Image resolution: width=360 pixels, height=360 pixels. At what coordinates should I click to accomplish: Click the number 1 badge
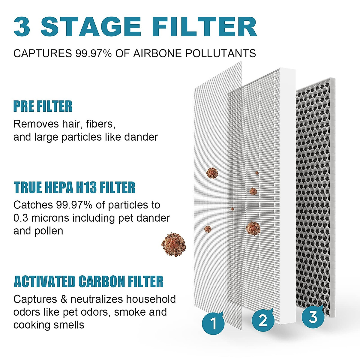tap(213, 324)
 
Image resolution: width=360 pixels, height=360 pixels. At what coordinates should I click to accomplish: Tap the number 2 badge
tap(263, 320)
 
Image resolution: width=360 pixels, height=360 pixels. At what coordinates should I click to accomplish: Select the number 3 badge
tap(313, 317)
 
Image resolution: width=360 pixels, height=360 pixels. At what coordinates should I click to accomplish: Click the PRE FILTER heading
tap(43, 106)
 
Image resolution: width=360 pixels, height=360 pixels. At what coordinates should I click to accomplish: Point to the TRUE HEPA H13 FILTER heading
tap(74, 187)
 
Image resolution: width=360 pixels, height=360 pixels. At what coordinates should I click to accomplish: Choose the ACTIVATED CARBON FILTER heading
tap(88, 282)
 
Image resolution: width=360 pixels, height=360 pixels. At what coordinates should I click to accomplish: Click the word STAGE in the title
tap(91, 27)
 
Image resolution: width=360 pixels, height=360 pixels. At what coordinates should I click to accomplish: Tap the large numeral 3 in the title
tap(22, 27)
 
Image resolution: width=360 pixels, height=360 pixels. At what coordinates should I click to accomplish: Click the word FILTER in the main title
tap(204, 27)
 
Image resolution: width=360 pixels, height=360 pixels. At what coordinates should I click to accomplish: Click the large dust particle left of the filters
tap(173, 244)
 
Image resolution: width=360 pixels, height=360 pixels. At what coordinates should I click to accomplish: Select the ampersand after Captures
tap(62, 299)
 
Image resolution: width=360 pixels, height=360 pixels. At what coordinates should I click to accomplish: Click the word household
tap(151, 299)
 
